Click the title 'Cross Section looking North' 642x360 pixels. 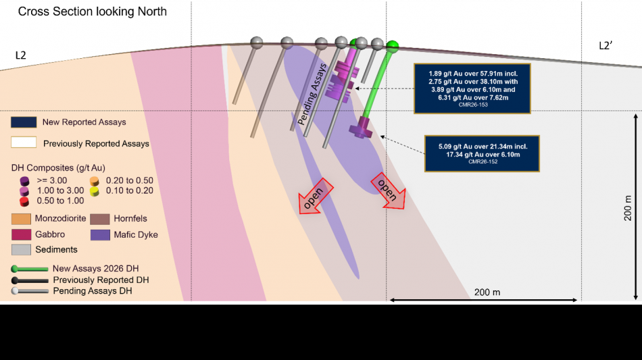click(x=92, y=11)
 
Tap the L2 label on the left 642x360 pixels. click(x=20, y=55)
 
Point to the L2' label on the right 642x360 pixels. click(x=606, y=46)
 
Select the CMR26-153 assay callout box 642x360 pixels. click(x=472, y=88)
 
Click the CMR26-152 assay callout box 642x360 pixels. click(x=482, y=153)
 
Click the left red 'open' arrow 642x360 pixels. click(x=316, y=196)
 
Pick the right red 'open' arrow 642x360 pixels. click(x=388, y=190)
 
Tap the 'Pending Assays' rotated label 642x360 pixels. click(x=312, y=95)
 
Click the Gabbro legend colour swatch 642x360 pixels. click(x=22, y=234)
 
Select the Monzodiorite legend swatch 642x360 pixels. click(x=22, y=219)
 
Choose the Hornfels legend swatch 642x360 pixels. click(x=100, y=219)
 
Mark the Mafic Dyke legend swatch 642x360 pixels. click(x=100, y=235)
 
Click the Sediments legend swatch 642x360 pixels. click(x=22, y=249)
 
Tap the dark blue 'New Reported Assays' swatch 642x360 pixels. click(x=24, y=122)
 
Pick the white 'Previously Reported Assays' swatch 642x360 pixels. click(x=24, y=143)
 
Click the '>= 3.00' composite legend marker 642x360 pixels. click(x=24, y=181)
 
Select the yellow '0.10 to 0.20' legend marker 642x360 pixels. click(x=95, y=191)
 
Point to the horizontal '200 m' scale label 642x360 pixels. click(x=487, y=292)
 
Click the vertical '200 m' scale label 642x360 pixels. click(x=628, y=208)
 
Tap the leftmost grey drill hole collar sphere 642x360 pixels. click(x=257, y=43)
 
